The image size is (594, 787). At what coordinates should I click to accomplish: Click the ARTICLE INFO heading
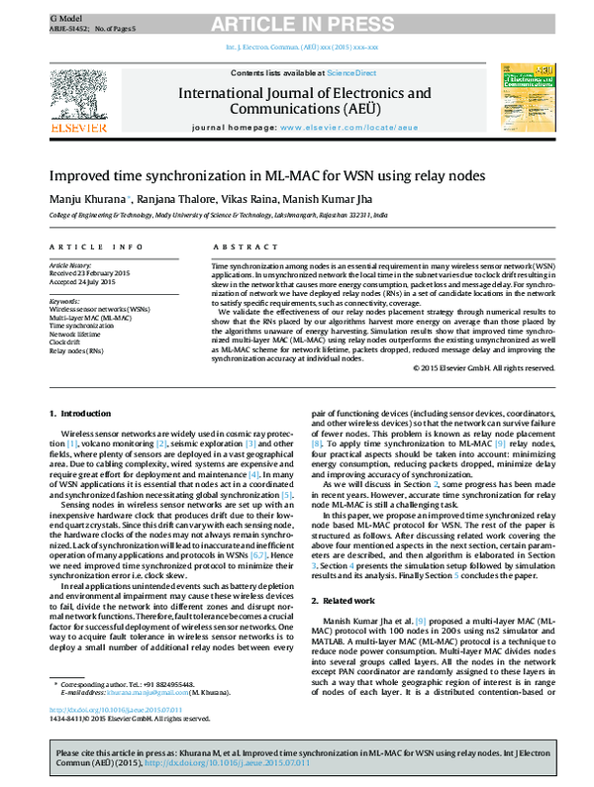coord(85,246)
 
